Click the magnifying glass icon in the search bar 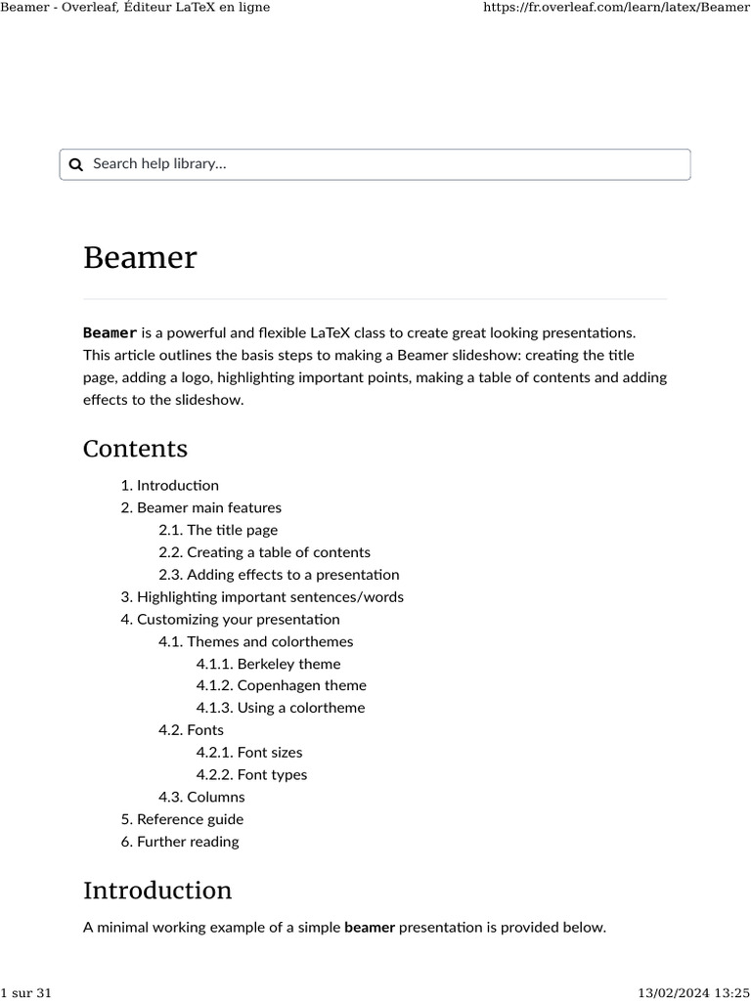76,164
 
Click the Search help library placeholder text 159,164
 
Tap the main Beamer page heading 140,258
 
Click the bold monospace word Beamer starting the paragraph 110,333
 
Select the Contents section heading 135,449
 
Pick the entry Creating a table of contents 278,552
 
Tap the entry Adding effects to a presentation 292,575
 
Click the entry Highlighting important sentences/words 269,597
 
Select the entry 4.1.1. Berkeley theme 268,664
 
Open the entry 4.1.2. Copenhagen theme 281,686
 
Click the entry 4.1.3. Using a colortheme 280,709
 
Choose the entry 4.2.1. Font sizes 249,753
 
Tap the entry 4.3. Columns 201,798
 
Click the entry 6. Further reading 187,842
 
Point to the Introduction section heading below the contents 157,891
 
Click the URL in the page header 616,8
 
